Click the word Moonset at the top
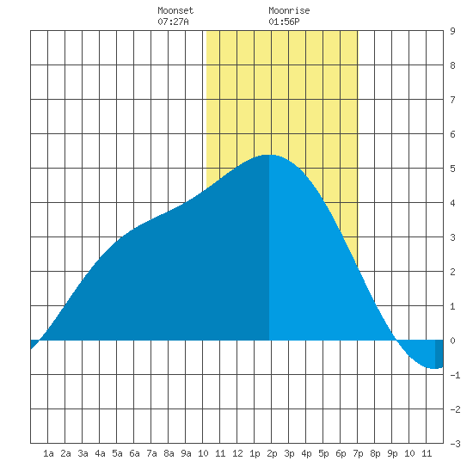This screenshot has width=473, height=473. pos(175,11)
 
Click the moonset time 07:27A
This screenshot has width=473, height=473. pos(173,21)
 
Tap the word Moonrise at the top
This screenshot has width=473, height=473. pos(289,11)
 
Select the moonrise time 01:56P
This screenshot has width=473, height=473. pos(284,21)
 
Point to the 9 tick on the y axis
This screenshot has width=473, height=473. pos(452,31)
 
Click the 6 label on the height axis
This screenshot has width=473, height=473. pos(452,134)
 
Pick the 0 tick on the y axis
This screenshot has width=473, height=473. pos(452,341)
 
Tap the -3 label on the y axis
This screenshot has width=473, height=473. pos(455,444)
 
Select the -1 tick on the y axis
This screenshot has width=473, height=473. pos(455,375)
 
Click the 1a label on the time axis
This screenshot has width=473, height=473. pos(48,453)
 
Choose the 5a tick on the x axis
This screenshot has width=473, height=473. pos(117,453)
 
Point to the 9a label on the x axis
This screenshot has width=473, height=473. pos(186,453)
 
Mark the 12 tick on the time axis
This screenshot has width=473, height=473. pos(237,453)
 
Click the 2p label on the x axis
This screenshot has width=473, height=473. pos(272,453)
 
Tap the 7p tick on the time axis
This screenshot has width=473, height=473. pos(358,453)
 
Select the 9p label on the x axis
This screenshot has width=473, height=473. pos(392,453)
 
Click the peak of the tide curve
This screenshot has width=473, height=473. pos(269,155)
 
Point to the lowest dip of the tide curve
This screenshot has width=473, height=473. pos(434,368)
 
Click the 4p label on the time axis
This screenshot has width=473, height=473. pos(306,453)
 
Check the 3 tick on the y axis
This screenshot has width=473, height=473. pos(452,237)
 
